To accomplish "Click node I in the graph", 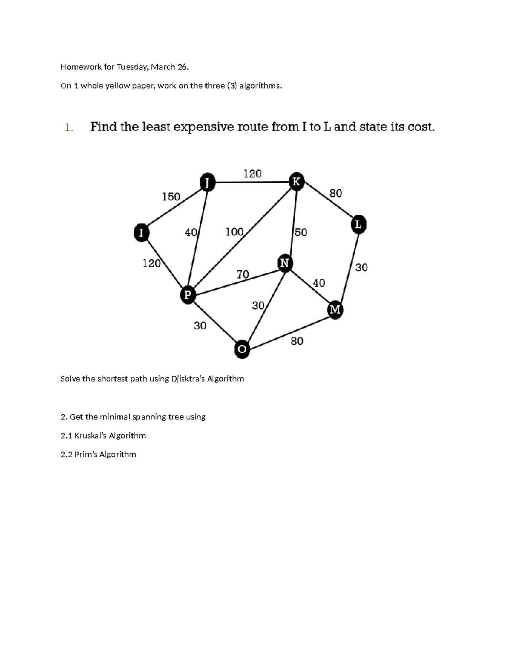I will [141, 232].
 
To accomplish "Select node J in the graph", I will [208, 182].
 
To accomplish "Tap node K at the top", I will [296, 181].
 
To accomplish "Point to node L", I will [358, 225].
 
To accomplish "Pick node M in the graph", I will [335, 310].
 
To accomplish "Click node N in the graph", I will [285, 262].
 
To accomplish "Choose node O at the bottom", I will [242, 349].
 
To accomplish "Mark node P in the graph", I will [188, 295].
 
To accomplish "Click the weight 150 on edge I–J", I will [171, 197].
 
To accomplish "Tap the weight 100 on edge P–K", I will [234, 232].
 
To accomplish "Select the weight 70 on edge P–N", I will [243, 274].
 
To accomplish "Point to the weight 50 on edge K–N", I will [301, 232].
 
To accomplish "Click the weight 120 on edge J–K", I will [252, 174].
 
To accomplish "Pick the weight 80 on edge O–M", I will [297, 341].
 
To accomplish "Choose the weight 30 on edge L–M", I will [361, 268].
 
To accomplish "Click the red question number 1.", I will [69, 127].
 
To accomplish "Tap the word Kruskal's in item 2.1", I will [91, 436].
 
